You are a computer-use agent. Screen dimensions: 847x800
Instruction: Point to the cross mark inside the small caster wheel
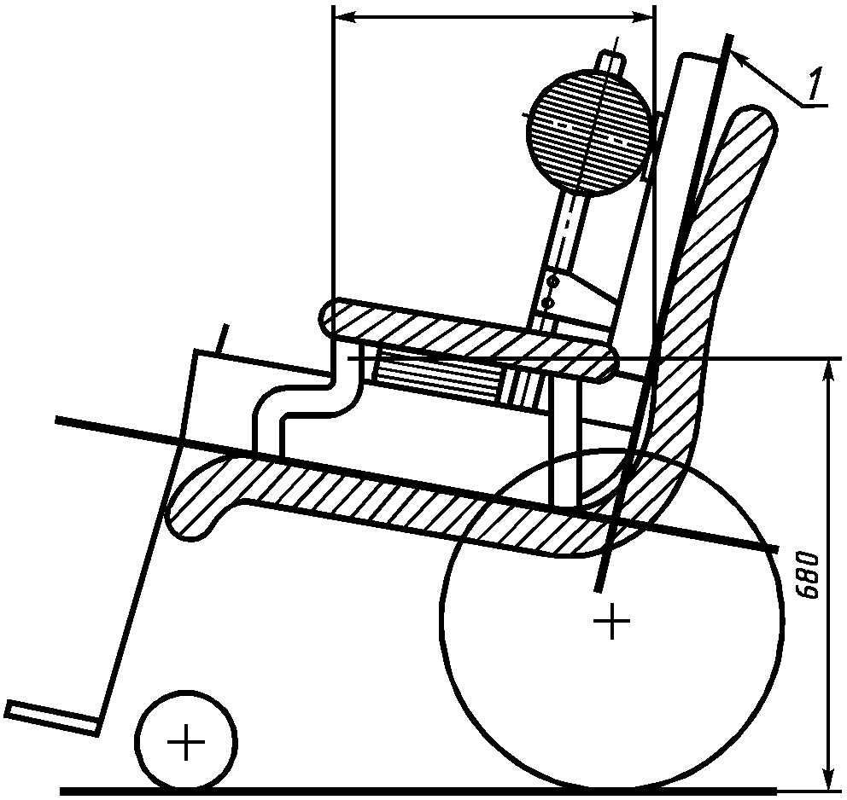186,742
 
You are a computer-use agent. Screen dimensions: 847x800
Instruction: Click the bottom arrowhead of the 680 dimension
826,780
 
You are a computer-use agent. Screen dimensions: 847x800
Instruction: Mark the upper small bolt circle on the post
552,280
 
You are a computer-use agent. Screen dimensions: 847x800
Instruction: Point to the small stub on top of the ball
609,61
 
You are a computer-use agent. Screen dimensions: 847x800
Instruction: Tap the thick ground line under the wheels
418,791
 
